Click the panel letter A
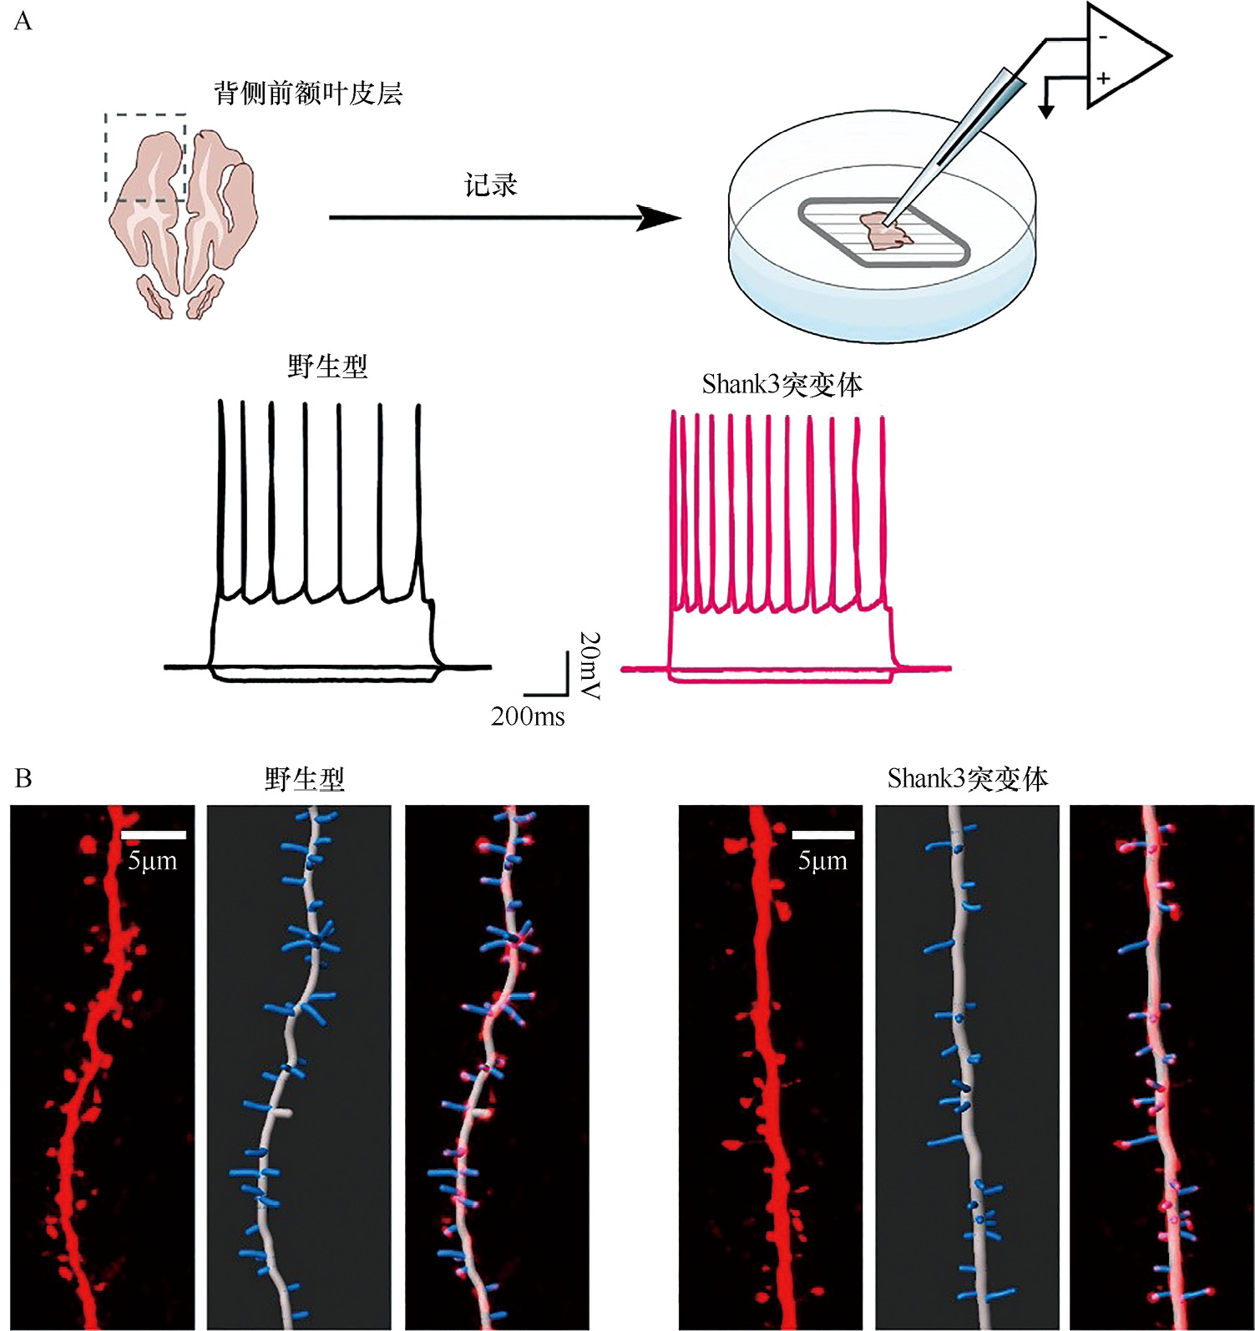coord(23,21)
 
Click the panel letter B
coord(23,778)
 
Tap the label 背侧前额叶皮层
coord(308,93)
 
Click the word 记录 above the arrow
coord(491,185)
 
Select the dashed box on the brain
coord(145,158)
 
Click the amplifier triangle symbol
coord(1123,57)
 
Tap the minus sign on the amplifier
coord(1103,37)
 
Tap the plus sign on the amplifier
coord(1103,78)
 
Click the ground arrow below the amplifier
coord(1046,110)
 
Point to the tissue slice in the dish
coord(885,231)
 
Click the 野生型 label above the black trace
coord(327,366)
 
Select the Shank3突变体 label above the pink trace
coord(782,384)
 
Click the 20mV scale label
coord(590,665)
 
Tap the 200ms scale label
coord(528,716)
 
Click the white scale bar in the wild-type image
coord(154,835)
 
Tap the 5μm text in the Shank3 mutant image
coord(822,861)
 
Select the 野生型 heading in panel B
coord(305,779)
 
